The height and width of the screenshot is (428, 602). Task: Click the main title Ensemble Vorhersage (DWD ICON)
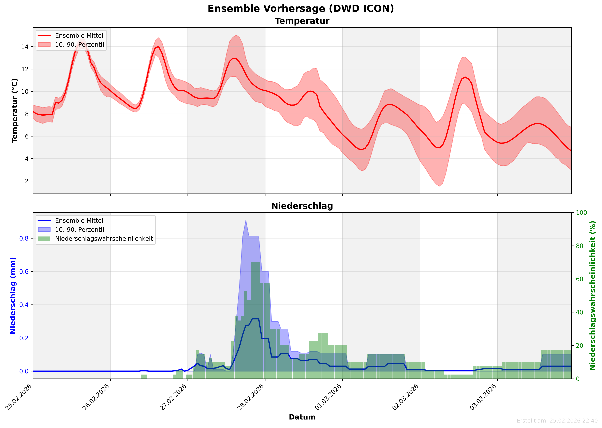[301, 9]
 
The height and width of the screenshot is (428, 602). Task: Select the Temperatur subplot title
[302, 21]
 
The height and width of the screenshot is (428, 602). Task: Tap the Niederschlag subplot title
[302, 206]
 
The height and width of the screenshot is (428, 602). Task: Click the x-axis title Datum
[302, 417]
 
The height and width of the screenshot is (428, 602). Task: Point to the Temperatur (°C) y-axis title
[15, 111]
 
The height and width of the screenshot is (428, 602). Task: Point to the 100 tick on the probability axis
[581, 213]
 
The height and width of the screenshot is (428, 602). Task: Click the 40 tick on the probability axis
[579, 312]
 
